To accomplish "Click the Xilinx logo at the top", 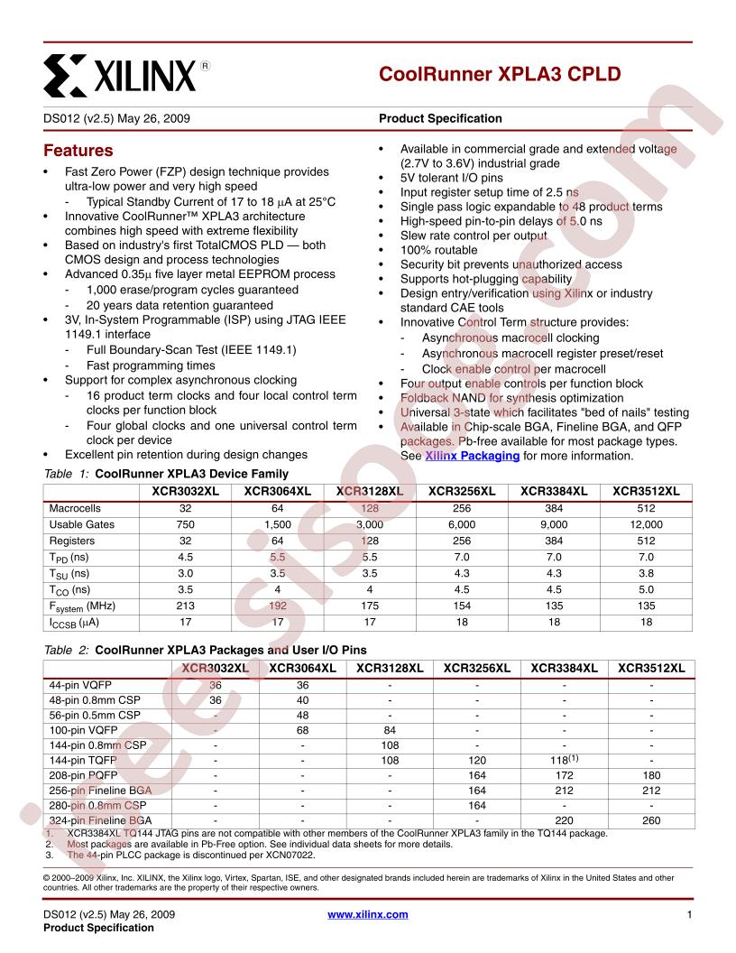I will coord(120,74).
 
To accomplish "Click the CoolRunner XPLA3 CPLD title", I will coord(500,75).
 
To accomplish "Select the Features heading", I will coord(78,151).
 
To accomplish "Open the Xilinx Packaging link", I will coord(472,456).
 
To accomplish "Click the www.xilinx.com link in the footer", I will coord(367,914).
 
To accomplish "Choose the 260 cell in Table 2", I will coord(651,819).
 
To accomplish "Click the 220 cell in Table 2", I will coord(564,819).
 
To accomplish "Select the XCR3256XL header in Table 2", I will coord(476,668).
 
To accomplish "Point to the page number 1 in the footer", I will coord(688,914).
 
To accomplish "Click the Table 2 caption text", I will coord(206,649).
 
